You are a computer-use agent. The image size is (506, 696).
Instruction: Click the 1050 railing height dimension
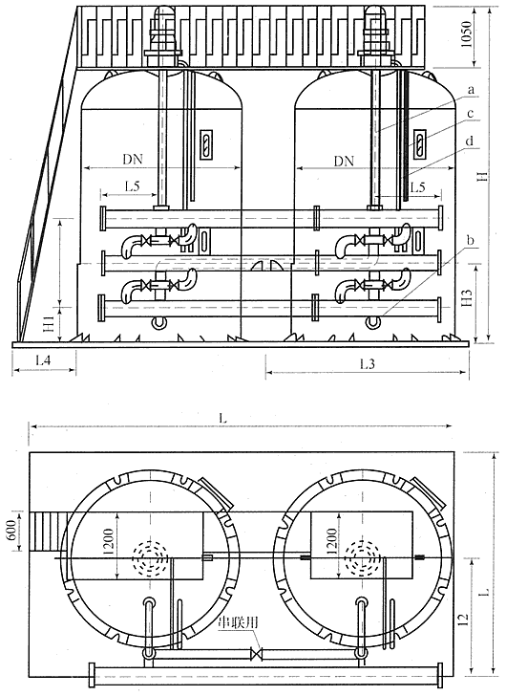coord(466,35)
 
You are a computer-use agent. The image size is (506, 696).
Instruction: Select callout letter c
coord(470,114)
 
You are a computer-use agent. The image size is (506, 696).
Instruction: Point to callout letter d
coord(470,141)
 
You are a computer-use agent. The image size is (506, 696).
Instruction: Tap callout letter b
coord(471,241)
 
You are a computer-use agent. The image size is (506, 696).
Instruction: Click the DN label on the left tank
coord(133,160)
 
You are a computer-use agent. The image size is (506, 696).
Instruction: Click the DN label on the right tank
coord(344,161)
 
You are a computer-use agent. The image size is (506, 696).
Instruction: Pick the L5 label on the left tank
coord(132,186)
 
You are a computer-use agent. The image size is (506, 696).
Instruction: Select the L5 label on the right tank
coord(417,186)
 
